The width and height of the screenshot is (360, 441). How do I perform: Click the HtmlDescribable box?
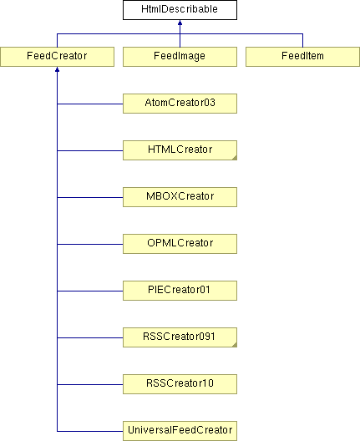(180, 10)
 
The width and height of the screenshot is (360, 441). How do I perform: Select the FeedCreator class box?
(57, 57)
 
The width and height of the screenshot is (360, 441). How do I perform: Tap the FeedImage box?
(180, 57)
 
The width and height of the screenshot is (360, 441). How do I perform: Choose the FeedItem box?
(302, 57)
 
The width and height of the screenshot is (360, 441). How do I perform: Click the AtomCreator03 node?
(180, 104)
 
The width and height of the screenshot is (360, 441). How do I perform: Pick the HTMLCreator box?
(180, 150)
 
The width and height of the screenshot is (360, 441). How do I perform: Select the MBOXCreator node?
(180, 197)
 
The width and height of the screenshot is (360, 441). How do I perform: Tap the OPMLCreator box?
(180, 244)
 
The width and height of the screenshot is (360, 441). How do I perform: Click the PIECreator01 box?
(180, 291)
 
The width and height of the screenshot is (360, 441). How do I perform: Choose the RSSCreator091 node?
(180, 337)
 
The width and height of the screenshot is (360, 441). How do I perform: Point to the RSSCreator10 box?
(180, 384)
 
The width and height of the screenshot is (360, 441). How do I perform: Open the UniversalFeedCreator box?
(180, 431)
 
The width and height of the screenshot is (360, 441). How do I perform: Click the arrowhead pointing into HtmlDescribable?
(180, 23)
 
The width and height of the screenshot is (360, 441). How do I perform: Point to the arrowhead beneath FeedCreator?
(57, 69)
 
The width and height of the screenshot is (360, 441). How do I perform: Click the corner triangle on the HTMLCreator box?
(235, 158)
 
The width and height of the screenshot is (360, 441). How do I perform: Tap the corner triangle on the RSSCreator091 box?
(235, 345)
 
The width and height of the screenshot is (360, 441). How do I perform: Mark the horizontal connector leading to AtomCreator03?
(90, 104)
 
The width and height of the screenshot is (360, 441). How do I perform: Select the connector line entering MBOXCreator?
(90, 197)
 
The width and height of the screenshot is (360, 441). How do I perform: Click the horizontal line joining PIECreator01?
(90, 291)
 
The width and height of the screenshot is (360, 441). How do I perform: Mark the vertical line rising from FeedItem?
(302, 40)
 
